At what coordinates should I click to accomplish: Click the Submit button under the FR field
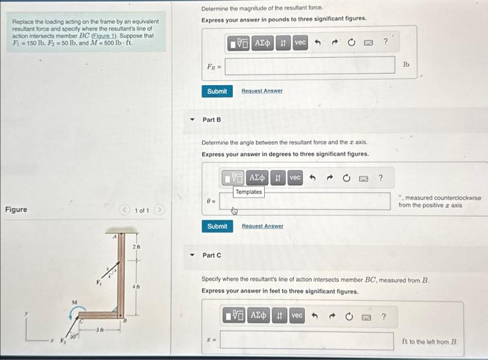coord(217,91)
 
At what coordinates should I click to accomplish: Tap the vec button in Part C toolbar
coord(297,316)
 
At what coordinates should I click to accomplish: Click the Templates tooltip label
coord(249,192)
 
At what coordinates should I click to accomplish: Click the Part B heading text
coord(211,119)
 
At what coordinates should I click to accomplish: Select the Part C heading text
coord(211,255)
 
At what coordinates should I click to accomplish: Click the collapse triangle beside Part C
coord(193,255)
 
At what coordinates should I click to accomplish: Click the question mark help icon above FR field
coord(386,43)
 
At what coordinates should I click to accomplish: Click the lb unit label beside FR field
coord(406,64)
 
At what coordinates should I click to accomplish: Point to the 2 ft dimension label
coord(137,247)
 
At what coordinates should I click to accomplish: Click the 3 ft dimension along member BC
coord(100,329)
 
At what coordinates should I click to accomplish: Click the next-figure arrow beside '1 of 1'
coord(160,210)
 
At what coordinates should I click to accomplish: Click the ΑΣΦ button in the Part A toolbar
coord(262,43)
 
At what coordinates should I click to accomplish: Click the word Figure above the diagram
coord(16,210)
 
